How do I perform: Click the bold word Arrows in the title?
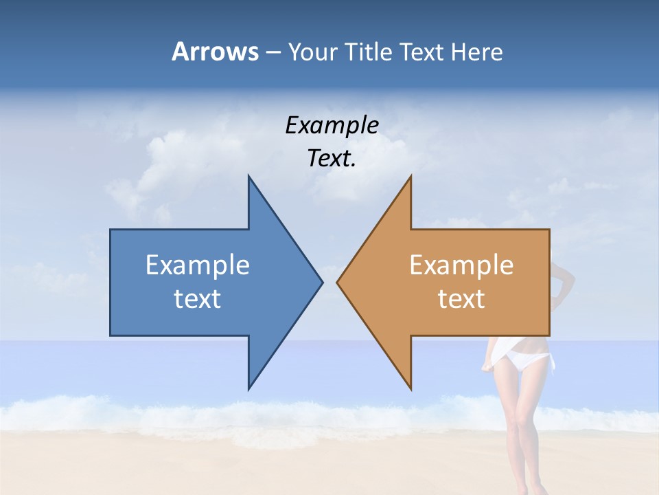pos(215,52)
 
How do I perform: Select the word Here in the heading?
pos(477,52)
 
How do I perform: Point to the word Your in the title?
pos(312,52)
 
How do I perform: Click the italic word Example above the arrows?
pos(332,126)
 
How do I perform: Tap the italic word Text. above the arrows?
pos(332,159)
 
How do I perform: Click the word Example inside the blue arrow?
pos(197,265)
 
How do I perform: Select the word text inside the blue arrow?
pos(197,299)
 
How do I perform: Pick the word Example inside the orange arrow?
pos(461,265)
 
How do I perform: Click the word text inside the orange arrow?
pos(461,299)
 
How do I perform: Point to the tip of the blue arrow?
pos(322,282)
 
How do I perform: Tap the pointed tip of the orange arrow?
pos(338,282)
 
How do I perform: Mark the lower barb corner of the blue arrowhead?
pos(249,388)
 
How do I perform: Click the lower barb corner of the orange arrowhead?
pos(411,388)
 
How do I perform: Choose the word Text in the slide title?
pos(421,52)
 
